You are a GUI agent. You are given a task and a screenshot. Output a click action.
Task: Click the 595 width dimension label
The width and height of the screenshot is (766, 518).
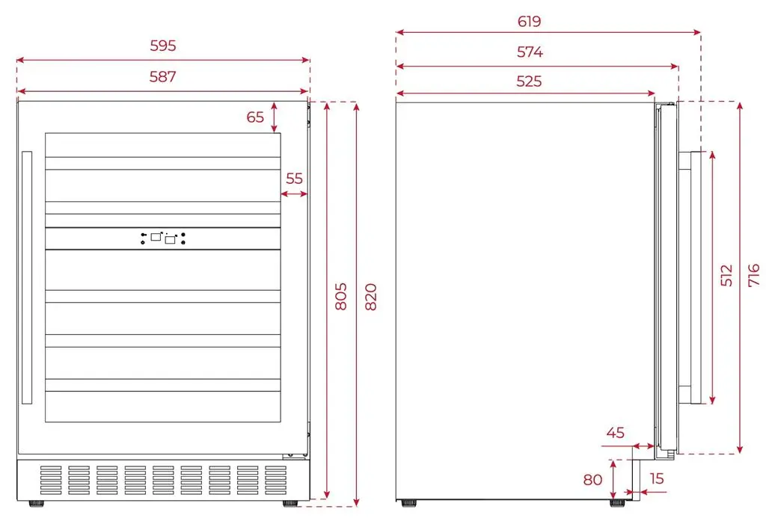click(x=162, y=46)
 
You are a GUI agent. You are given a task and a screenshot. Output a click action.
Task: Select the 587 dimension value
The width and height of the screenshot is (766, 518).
click(x=162, y=77)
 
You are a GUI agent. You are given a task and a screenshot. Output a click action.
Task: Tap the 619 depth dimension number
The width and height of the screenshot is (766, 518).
click(x=529, y=22)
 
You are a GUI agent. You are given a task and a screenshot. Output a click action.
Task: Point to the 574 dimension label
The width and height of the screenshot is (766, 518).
click(x=530, y=52)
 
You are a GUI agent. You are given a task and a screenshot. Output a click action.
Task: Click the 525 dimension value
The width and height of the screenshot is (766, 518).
click(x=529, y=81)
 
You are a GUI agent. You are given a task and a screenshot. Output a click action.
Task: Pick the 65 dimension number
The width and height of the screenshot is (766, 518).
click(x=255, y=117)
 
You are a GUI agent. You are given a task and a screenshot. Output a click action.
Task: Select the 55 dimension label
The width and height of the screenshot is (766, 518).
click(x=294, y=179)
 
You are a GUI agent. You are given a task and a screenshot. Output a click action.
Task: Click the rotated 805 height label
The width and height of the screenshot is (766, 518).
click(x=341, y=296)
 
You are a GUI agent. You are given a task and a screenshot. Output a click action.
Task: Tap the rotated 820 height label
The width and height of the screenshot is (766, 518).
click(x=371, y=296)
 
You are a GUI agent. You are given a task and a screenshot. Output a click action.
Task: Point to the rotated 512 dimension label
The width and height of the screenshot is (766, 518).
click(x=727, y=275)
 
